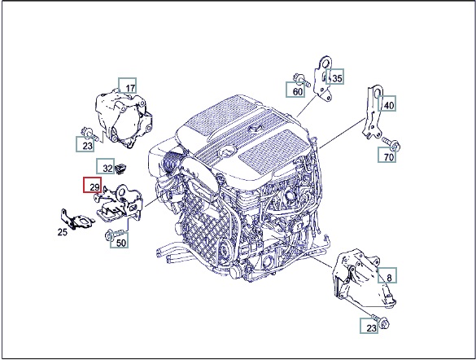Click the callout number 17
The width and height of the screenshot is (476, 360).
[x=128, y=86]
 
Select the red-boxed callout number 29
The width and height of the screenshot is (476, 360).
[x=93, y=185]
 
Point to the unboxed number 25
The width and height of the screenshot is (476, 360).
[x=63, y=232]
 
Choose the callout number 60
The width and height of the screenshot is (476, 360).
[x=295, y=90]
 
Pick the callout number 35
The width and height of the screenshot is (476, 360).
[x=335, y=77]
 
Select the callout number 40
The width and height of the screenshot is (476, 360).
[x=386, y=103]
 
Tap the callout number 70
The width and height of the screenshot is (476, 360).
[x=386, y=155]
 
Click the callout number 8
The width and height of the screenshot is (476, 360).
[x=387, y=275]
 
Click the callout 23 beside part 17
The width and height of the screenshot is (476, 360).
[x=85, y=144]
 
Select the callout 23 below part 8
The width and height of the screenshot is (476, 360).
[x=369, y=326]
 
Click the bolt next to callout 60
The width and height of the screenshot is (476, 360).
[x=301, y=79]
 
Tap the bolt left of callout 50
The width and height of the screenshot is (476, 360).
[x=114, y=235]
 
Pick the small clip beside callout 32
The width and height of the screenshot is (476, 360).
[x=121, y=168]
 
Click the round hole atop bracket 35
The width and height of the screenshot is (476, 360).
[x=325, y=64]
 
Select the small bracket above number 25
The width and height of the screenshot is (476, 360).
[x=75, y=219]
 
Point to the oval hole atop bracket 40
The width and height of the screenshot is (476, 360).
[x=377, y=92]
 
